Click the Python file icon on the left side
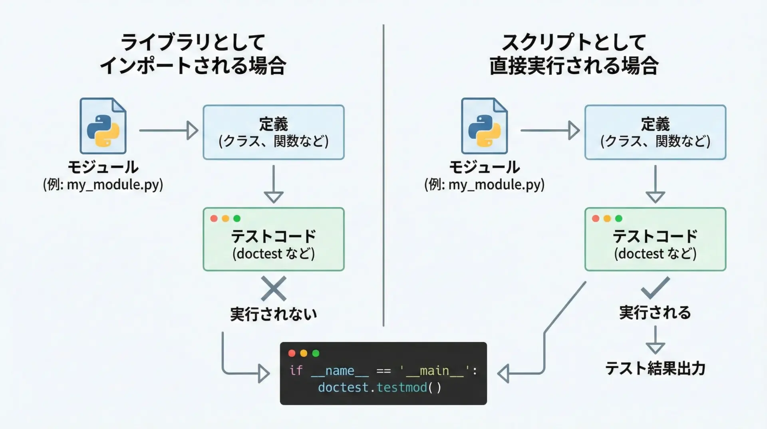[103, 126]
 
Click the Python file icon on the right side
[484, 126]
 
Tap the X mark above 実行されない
[274, 289]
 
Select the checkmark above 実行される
[655, 288]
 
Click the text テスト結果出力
[655, 368]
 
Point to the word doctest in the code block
[343, 387]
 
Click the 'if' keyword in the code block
[296, 371]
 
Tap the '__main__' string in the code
[434, 371]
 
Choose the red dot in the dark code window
[292, 353]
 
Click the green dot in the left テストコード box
[237, 219]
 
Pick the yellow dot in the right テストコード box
[607, 219]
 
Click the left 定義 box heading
[274, 124]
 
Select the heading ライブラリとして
[193, 42]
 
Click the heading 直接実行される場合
[574, 66]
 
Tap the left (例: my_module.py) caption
[103, 184]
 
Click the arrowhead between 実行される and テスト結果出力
[655, 347]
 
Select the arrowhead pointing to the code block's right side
[503, 374]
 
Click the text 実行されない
[274, 314]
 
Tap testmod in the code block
[401, 387]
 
